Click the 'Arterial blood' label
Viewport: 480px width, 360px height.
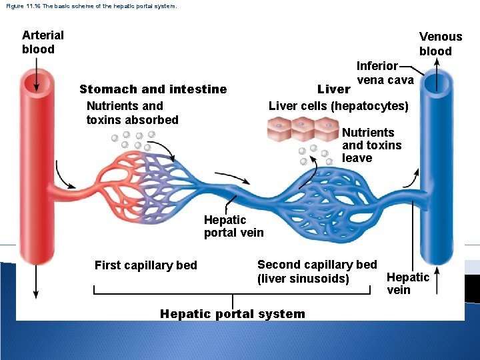pyautogui.click(x=43, y=42)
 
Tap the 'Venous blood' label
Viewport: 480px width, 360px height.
pyautogui.click(x=440, y=44)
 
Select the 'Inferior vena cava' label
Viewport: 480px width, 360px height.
pyautogui.click(x=385, y=73)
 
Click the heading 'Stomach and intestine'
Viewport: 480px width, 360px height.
pyautogui.click(x=153, y=89)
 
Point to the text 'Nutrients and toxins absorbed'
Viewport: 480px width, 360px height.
pyautogui.click(x=132, y=113)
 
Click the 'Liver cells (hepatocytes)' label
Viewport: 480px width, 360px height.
pyautogui.click(x=338, y=106)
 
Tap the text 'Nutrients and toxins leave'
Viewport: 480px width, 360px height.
pyautogui.click(x=371, y=145)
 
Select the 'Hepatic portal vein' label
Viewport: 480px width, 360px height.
pyautogui.click(x=233, y=226)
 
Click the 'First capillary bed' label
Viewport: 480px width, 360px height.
pyautogui.click(x=146, y=265)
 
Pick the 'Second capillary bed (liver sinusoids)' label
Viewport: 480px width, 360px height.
pyautogui.click(x=317, y=271)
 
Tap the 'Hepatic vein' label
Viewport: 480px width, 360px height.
pyautogui.click(x=407, y=283)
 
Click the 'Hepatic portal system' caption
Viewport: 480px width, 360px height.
pyautogui.click(x=233, y=314)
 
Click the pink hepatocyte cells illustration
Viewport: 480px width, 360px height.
pyautogui.click(x=303, y=129)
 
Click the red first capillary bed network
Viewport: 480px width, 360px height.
pyautogui.click(x=130, y=180)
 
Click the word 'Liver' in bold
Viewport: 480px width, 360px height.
pyautogui.click(x=333, y=89)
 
